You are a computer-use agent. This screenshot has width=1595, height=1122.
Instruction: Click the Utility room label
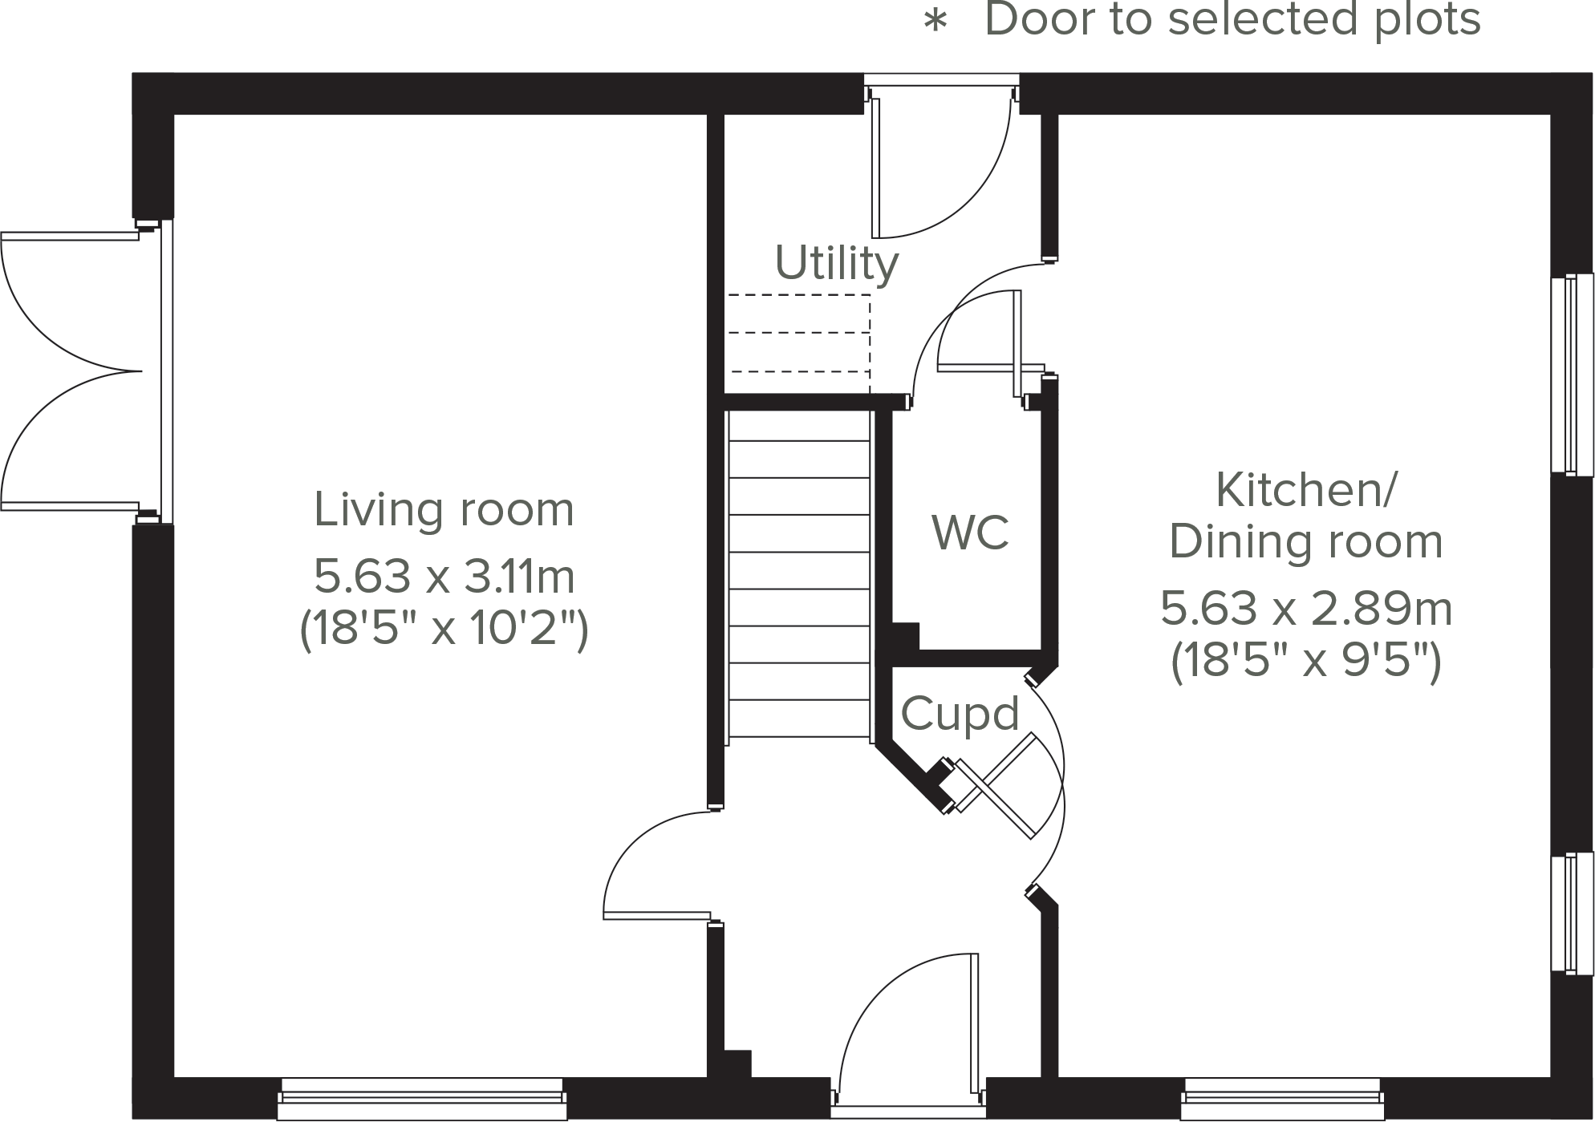tap(836, 263)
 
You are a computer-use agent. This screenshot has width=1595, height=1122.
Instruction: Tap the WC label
tap(969, 532)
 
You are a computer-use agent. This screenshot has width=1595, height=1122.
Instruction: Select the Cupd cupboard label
tap(960, 713)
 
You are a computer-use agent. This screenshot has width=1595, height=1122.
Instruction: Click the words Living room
tap(444, 509)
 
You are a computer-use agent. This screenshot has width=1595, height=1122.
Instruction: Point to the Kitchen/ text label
tap(1306, 489)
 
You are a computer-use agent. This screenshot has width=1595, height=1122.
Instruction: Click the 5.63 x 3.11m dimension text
tap(444, 576)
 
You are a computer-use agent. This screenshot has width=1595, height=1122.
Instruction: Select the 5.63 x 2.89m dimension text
tap(1306, 609)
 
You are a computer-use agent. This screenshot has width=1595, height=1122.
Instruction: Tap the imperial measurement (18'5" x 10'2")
tap(444, 628)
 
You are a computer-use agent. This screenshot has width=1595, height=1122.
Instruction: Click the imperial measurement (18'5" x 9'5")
tap(1306, 662)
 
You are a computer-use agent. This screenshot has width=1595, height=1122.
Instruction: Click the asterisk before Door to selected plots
tap(935, 22)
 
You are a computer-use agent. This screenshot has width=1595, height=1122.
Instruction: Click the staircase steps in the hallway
tap(799, 573)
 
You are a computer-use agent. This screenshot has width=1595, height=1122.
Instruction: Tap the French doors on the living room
tap(72, 371)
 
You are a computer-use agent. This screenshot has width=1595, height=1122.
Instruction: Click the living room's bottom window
tap(422, 1100)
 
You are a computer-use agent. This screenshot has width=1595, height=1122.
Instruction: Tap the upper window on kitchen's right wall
tap(1572, 374)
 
